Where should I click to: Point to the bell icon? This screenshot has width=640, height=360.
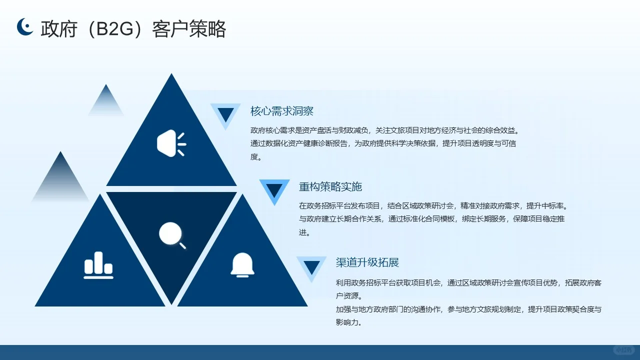[242, 264]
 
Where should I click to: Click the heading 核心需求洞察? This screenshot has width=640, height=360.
[281, 111]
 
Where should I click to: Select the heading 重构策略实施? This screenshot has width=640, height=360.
[330, 186]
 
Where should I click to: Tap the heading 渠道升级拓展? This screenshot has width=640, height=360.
[367, 262]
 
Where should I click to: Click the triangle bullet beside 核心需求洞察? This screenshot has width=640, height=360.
[226, 114]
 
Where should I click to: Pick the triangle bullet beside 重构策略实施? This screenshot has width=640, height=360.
[274, 190]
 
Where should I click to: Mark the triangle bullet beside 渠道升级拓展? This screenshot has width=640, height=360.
[311, 267]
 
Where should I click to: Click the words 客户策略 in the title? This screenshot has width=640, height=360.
[189, 29]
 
